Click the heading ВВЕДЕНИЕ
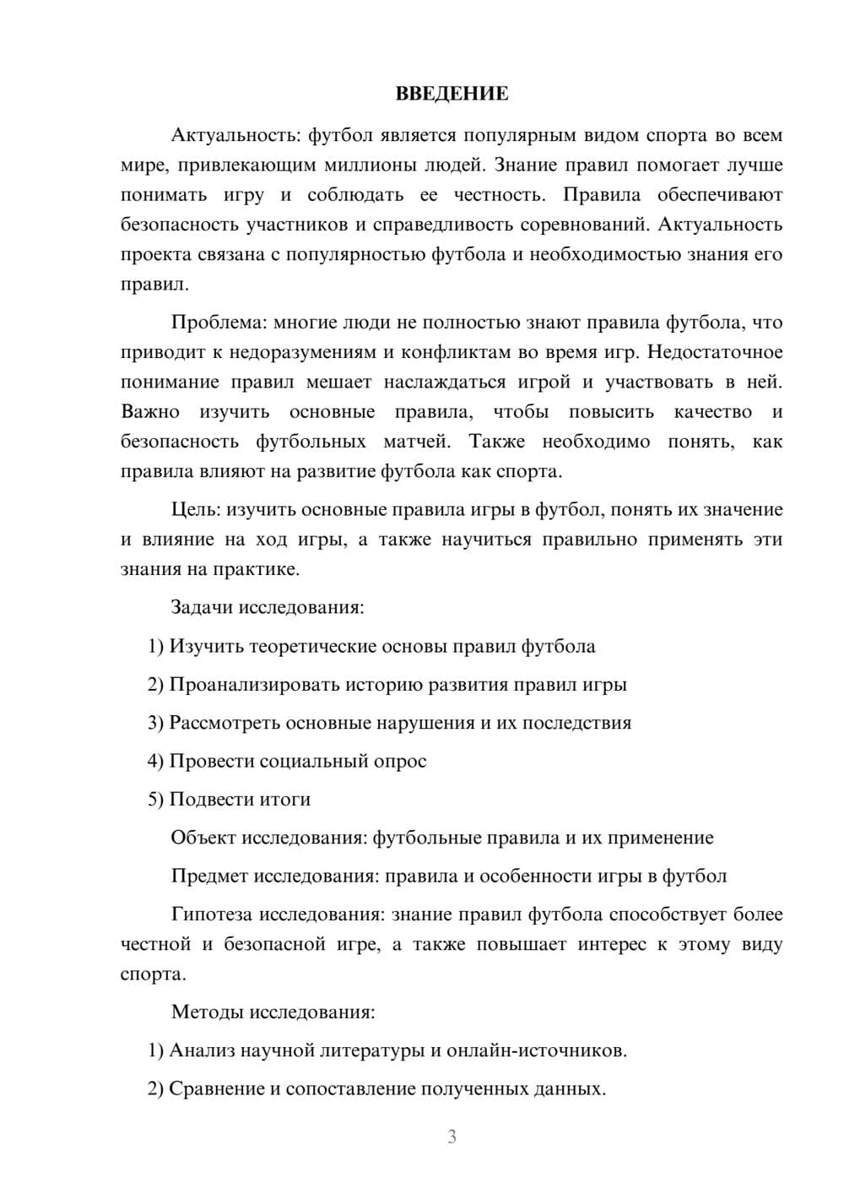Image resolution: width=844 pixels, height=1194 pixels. [x=452, y=94]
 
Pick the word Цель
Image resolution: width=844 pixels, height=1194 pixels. [x=196, y=509]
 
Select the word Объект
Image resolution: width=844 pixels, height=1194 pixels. [x=203, y=838]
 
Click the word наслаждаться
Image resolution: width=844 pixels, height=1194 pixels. [x=442, y=382]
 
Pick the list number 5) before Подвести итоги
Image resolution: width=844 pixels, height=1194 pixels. [x=155, y=800]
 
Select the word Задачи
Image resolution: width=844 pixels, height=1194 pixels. [x=202, y=608]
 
